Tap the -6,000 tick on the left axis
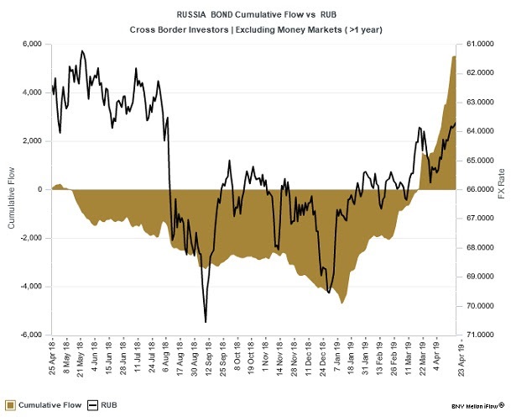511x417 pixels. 30,335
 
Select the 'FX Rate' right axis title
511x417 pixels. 502,189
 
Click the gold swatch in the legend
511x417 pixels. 13,405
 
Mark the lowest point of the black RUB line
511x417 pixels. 206,322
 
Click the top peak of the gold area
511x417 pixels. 454,56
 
